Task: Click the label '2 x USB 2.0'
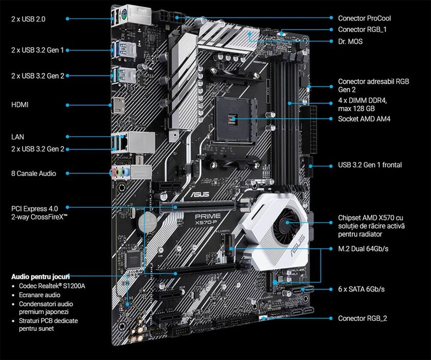coord(28,19)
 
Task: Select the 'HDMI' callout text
coord(20,105)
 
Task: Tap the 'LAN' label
coord(17,137)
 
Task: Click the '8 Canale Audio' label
coord(33,173)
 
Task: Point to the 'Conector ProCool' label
coord(368,19)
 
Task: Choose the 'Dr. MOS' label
coord(350,41)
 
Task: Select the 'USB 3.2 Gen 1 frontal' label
coord(370,165)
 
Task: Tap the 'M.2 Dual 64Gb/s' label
coord(363,248)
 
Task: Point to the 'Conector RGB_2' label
coord(362,318)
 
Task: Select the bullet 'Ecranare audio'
coord(39,295)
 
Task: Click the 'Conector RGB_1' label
coord(362,30)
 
